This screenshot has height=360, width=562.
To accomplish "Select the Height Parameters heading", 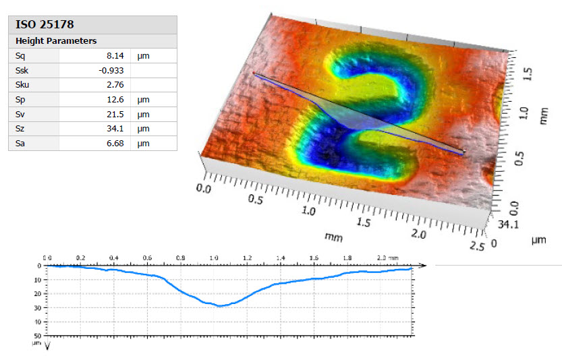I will [56, 40].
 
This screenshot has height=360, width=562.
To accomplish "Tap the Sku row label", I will [23, 85].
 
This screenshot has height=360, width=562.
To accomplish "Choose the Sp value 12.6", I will [117, 100].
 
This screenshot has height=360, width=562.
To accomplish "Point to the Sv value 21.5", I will [117, 114].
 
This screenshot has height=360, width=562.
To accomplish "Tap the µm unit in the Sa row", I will [142, 143].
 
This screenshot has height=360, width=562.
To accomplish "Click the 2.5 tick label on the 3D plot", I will [478, 246].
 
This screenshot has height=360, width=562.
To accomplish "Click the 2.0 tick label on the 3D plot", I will [419, 234].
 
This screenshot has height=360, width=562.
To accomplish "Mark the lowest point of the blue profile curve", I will [219, 306].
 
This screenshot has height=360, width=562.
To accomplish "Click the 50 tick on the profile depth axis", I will [38, 335].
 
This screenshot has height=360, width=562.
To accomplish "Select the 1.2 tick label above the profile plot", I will [247, 258].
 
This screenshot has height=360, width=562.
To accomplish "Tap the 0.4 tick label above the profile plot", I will [113, 258].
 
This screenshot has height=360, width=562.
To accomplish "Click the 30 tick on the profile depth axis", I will [38, 307].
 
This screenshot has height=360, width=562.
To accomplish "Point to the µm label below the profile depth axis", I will [38, 343].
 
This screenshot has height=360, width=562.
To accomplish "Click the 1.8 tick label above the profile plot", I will [347, 258].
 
